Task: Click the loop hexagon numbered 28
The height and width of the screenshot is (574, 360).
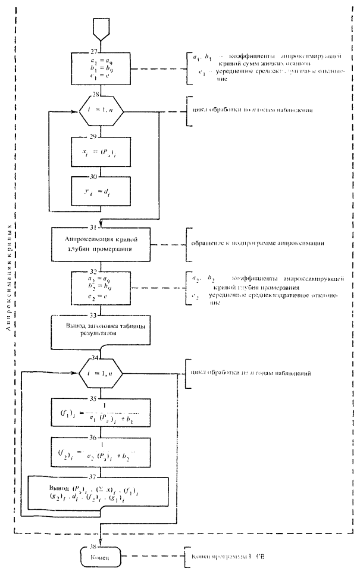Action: coord(102,112)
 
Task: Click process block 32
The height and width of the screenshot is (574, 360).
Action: coord(102,288)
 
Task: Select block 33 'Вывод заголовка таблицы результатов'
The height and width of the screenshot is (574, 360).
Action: coord(102,331)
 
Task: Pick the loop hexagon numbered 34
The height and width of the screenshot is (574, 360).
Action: coord(102,374)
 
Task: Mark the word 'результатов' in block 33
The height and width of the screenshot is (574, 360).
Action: coord(102,336)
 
